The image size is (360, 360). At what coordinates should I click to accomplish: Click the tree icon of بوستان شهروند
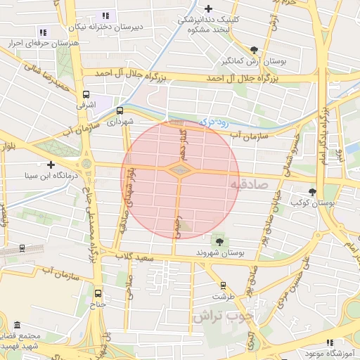[x=220, y=243]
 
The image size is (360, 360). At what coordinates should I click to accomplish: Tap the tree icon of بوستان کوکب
[x=312, y=191]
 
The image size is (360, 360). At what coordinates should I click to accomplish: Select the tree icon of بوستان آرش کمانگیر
[x=254, y=50]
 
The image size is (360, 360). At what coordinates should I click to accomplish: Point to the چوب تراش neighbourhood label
[x=217, y=317]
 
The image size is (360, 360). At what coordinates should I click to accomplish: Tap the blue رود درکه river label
[x=215, y=122]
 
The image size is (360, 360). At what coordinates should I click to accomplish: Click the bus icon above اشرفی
[x=86, y=94]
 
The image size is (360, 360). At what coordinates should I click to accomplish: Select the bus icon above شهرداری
[x=120, y=110]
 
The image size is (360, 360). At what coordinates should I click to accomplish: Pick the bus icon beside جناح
[x=97, y=293]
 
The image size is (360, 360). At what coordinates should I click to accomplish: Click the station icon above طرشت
[x=224, y=285]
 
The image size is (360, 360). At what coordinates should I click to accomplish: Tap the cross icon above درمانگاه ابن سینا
[x=51, y=165]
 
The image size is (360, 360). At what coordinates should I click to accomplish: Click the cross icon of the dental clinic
[x=207, y=8]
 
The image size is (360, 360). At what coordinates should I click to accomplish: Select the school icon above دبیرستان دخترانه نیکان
[x=106, y=15]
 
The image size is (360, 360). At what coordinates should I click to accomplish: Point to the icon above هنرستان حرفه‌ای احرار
[x=43, y=32]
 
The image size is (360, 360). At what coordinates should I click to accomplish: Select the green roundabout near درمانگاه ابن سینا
[x=86, y=164]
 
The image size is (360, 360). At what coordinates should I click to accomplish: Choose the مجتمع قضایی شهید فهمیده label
[x=21, y=340]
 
